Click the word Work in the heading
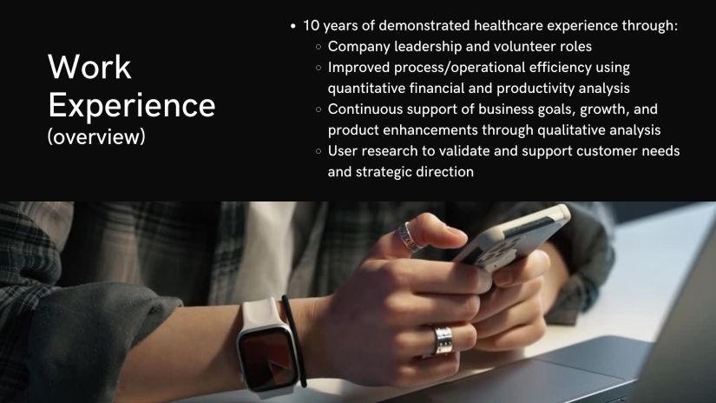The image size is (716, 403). (x=89, y=67)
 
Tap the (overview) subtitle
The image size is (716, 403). (x=96, y=136)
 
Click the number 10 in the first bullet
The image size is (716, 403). (x=311, y=25)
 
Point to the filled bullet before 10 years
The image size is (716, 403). (x=293, y=26)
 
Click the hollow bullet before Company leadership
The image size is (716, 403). (x=319, y=47)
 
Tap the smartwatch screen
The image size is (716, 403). (x=268, y=360)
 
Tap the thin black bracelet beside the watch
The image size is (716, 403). (x=294, y=340)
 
